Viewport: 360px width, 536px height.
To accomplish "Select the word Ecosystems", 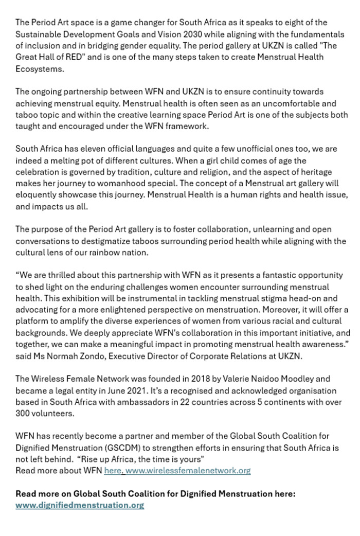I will (x=39, y=68).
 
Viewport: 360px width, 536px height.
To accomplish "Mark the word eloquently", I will (x=37, y=195).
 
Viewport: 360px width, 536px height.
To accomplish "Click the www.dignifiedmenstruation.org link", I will (x=80, y=505).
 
